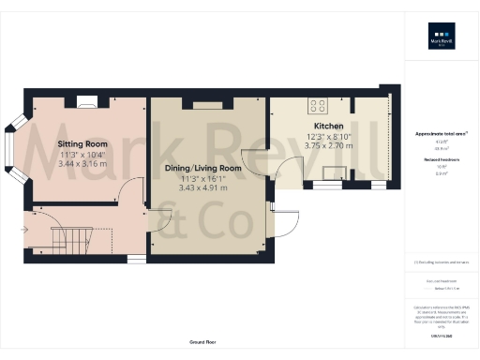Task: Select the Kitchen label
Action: pos(328,127)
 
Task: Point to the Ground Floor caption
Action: pos(202,342)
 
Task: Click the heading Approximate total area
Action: pos(441,134)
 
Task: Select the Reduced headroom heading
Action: pos(441,160)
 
